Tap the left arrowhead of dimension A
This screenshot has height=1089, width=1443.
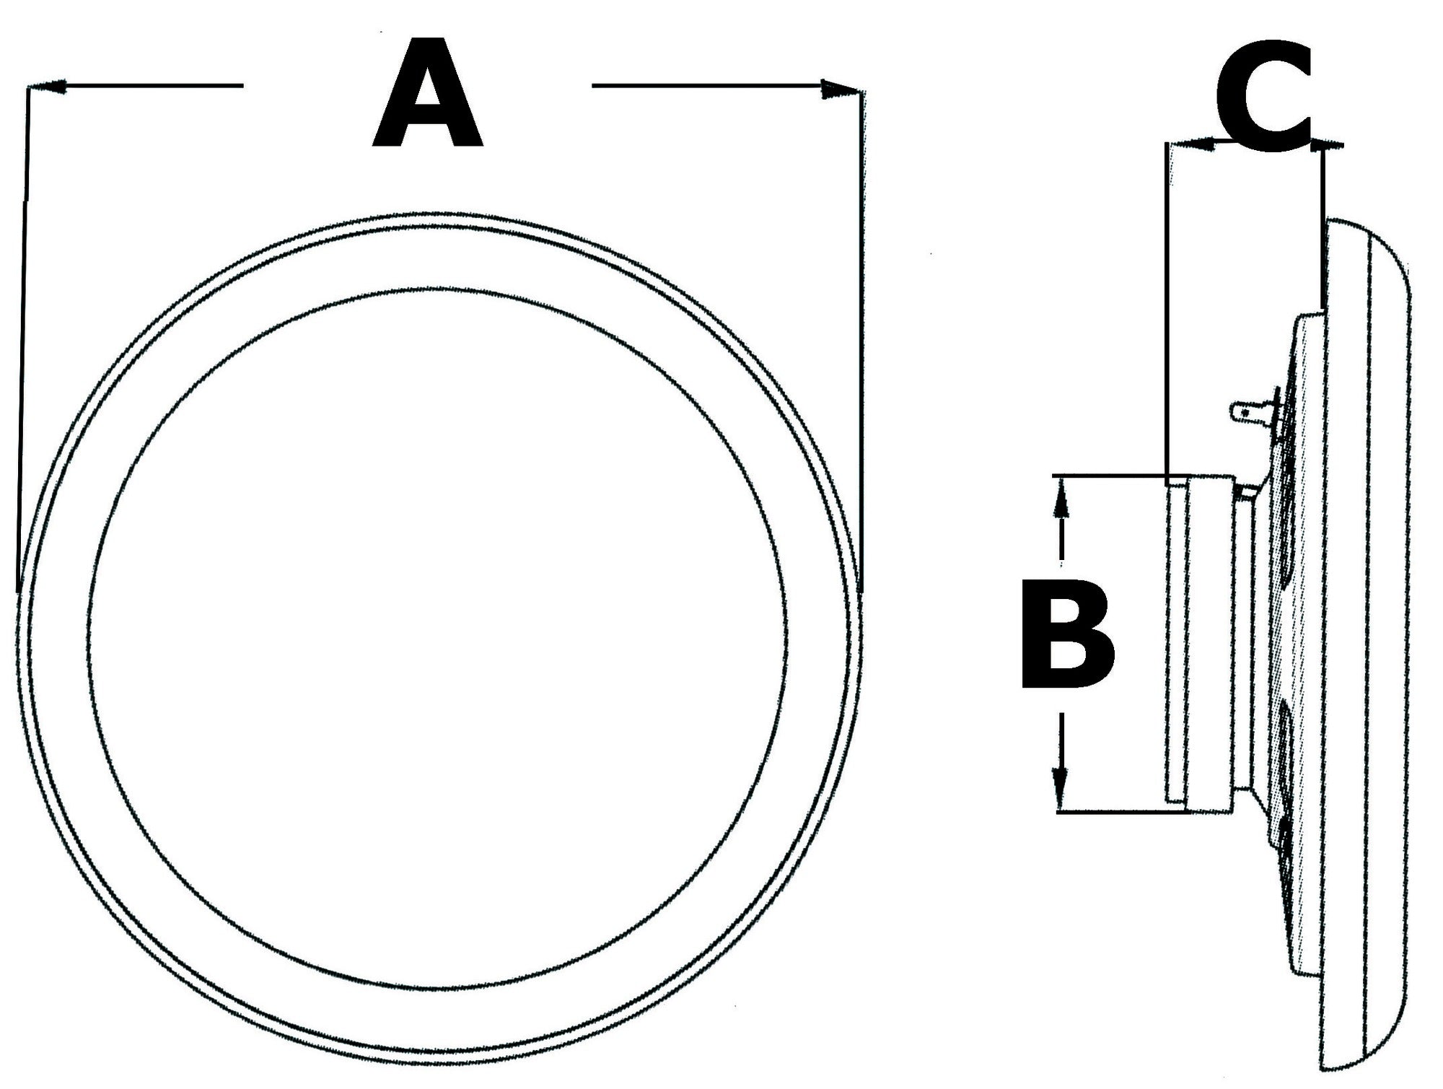pos(48,87)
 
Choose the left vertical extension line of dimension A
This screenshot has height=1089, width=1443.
pos(23,339)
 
